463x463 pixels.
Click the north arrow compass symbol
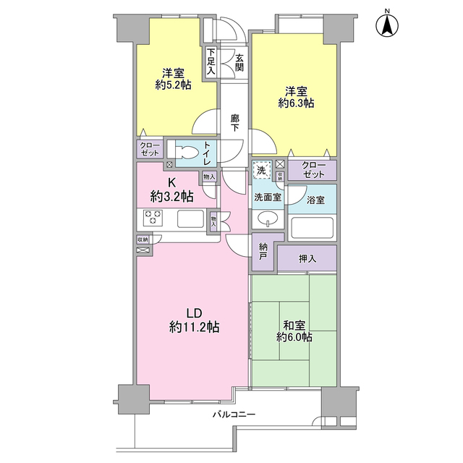click(387, 24)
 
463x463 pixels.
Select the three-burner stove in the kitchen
click(153, 218)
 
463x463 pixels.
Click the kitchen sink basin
click(190, 218)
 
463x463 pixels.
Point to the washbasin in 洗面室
click(268, 219)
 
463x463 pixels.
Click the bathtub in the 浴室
click(312, 229)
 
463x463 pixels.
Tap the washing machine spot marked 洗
click(262, 171)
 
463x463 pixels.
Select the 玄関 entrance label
click(239, 63)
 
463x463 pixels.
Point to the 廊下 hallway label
click(235, 123)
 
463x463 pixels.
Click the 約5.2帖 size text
click(174, 85)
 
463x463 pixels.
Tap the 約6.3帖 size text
click(296, 103)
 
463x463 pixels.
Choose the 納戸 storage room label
click(263, 251)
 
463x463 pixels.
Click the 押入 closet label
click(307, 259)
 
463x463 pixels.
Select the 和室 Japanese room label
click(294, 326)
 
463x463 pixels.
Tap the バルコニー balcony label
click(234, 415)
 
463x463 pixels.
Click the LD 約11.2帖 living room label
click(194, 320)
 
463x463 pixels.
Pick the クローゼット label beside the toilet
click(150, 149)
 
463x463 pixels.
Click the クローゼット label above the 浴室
click(313, 170)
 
